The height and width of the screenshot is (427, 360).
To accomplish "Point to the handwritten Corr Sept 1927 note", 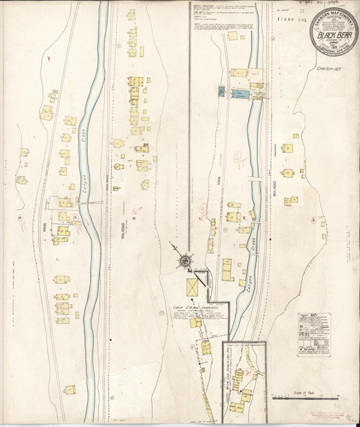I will coord(332,68).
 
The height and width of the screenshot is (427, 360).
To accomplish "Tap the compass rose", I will coord(184,260).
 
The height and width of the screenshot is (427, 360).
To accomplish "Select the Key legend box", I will coord(314,334).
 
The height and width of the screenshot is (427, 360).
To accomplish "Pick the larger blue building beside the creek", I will coord(240,93).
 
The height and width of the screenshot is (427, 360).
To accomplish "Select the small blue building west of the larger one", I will coord(221,90).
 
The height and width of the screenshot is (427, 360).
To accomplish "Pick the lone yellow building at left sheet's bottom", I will coord(70,390).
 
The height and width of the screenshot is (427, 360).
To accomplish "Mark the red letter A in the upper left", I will coord(49,59).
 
